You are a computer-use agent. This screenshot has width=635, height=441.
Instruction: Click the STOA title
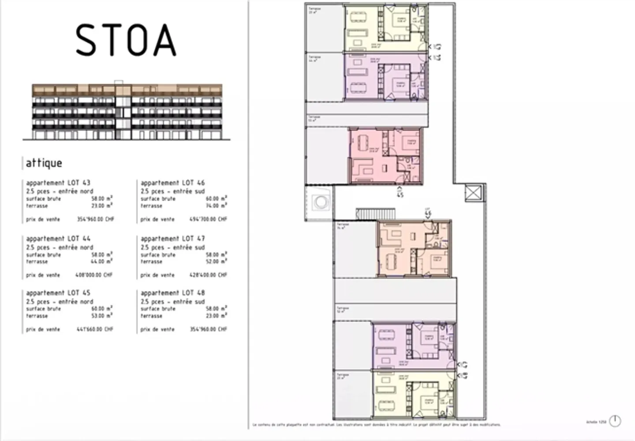point(126,40)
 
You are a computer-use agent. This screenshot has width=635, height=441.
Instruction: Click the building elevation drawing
point(127,111)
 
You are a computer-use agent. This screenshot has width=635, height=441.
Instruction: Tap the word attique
point(44,163)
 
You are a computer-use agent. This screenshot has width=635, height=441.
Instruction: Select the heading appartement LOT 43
point(58,183)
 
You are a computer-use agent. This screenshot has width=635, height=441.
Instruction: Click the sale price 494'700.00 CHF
point(208,219)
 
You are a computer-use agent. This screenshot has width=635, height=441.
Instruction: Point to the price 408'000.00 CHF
point(94,275)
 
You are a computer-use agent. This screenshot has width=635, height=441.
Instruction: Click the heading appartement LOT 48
point(172,293)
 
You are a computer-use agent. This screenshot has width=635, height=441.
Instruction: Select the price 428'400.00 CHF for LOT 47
point(208,275)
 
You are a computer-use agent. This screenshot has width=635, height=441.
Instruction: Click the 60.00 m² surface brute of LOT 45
point(101,309)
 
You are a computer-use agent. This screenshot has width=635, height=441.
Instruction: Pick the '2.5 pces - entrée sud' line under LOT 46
point(172,191)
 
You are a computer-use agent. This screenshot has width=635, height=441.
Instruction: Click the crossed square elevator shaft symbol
point(474,193)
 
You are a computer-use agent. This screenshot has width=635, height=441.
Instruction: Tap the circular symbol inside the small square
point(321,202)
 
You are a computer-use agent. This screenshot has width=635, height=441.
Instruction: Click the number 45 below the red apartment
point(400,194)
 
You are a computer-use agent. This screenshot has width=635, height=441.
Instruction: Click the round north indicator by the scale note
point(615,421)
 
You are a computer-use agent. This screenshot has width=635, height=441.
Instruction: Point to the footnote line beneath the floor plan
point(377,425)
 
